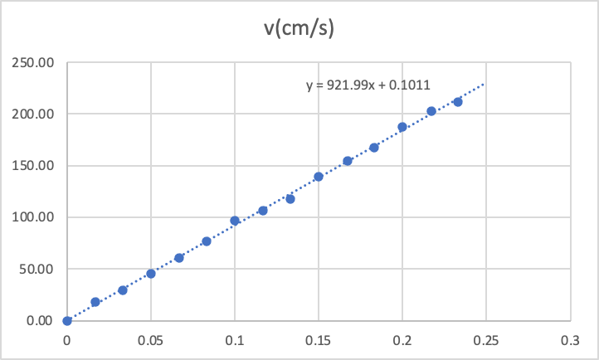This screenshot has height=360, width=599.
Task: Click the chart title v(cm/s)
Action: point(299,27)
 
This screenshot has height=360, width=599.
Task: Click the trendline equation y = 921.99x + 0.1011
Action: point(367,84)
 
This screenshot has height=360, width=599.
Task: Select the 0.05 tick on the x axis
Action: point(151,339)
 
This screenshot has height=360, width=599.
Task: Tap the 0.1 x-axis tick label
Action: point(235,339)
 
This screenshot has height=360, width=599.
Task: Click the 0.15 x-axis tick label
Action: point(319,339)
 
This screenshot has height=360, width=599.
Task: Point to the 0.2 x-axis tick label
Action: point(402,339)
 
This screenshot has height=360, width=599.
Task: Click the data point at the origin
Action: point(67,320)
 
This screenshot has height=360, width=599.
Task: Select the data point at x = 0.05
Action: point(151,274)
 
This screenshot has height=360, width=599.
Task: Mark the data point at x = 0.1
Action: point(235,221)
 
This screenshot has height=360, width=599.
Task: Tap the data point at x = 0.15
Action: point(319,177)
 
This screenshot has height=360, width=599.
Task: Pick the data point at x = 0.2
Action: point(402,127)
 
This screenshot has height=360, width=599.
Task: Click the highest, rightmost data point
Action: point(458,102)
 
